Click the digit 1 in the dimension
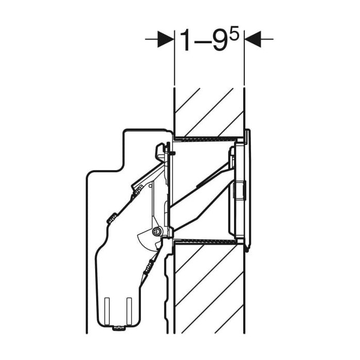[186, 41]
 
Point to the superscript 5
[234, 32]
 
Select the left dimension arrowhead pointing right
[165, 39]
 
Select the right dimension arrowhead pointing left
[253, 39]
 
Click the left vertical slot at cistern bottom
[107, 311]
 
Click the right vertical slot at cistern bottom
[129, 311]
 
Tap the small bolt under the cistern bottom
[118, 328]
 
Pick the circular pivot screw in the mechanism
[157, 232]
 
